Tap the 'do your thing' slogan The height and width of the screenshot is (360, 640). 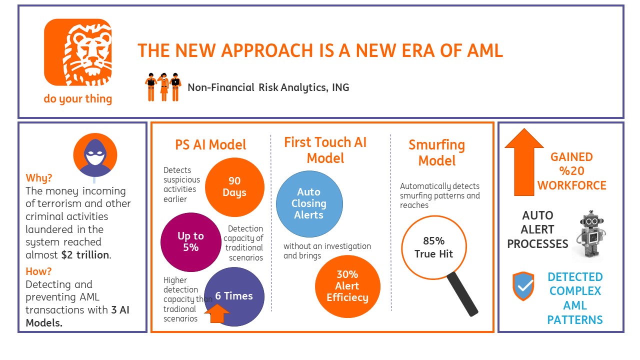(77, 98)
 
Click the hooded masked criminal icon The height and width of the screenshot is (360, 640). (94, 155)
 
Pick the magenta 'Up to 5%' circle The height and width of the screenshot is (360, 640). (190, 241)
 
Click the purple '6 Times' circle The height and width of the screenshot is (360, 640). (234, 296)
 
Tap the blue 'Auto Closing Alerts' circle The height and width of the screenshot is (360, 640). (309, 203)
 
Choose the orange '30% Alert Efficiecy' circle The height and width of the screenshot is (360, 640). (347, 286)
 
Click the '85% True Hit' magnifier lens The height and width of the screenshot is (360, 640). (433, 247)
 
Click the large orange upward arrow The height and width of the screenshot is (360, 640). (523, 162)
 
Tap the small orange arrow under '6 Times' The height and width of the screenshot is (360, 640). (217, 313)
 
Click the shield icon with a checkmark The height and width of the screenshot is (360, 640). (523, 286)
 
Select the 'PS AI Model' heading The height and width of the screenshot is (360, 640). (210, 145)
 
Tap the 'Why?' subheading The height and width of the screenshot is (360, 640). (39, 178)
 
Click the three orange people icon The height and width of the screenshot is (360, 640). (163, 87)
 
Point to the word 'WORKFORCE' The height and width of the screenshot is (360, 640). (571, 185)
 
